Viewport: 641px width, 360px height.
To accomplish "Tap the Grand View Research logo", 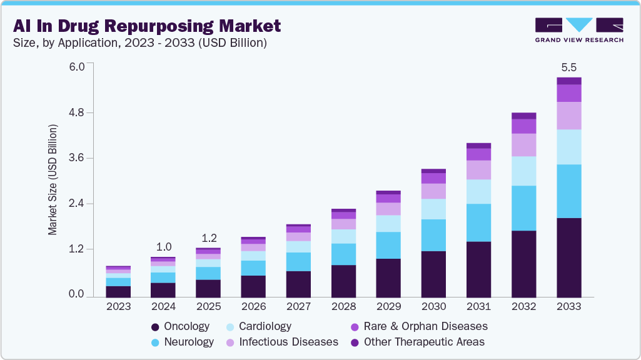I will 578,29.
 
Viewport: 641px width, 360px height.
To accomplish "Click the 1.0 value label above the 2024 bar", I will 164,246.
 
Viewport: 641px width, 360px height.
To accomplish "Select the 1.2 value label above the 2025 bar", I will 209,238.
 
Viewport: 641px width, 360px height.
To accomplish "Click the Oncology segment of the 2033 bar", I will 568,257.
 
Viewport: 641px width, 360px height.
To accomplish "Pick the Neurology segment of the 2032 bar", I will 523,208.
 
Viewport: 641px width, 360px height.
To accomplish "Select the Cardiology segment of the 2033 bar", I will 568,147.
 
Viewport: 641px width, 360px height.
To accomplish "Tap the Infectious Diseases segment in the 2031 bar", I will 478,170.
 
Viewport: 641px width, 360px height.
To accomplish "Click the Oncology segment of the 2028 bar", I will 343,281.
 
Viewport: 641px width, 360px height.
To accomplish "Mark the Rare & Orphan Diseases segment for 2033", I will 568,93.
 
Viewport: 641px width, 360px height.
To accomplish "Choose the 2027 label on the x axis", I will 298,307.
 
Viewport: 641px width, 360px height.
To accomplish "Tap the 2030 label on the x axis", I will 433,307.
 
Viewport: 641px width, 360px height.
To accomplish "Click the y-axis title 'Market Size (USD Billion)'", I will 53,180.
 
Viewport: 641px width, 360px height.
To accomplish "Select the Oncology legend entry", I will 181,326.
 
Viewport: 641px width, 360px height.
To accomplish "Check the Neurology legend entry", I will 182,342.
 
